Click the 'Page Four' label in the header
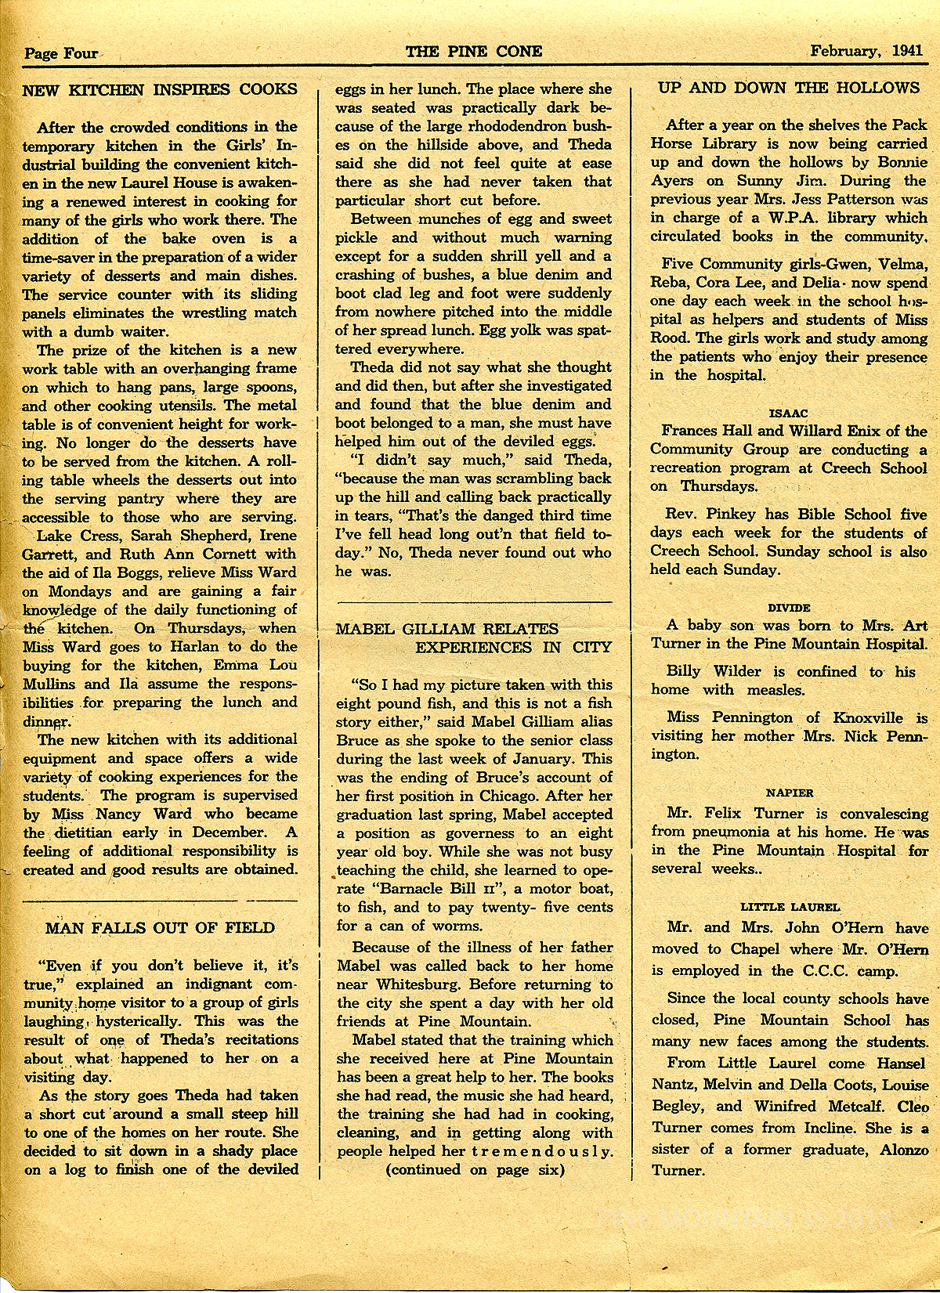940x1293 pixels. tap(61, 53)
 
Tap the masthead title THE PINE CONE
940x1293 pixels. tap(474, 52)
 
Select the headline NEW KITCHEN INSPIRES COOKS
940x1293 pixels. tap(160, 89)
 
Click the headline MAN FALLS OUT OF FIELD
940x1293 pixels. tap(160, 928)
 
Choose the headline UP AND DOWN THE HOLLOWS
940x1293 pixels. tap(789, 87)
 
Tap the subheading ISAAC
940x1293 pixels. tap(788, 412)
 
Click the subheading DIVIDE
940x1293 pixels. tap(789, 607)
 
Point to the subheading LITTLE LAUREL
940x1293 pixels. tap(790, 907)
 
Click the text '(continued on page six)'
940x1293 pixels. tap(474, 1170)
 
